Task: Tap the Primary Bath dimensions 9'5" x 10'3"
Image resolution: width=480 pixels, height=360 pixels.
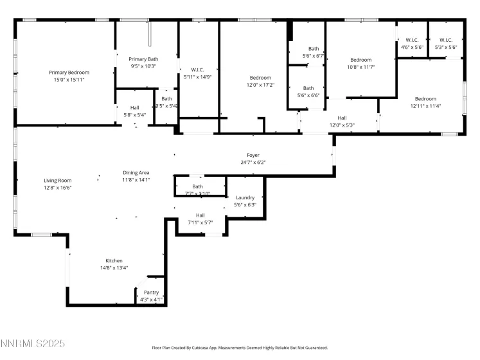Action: coord(143,66)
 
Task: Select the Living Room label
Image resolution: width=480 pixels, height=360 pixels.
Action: coord(57,181)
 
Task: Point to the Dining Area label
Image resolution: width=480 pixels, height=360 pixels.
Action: coord(136,173)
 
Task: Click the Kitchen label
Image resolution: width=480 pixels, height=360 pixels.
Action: coord(114,260)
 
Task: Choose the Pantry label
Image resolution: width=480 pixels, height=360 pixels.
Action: coord(151,292)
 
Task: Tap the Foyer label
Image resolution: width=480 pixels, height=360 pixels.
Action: coord(253,156)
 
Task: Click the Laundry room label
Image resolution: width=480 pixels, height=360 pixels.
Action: coord(245,197)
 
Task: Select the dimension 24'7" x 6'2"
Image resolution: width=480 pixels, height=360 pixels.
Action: coord(253,163)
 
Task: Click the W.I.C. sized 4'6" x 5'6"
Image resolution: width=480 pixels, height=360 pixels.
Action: coord(412,40)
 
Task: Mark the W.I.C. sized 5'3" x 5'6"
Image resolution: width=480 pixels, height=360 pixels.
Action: coord(446,40)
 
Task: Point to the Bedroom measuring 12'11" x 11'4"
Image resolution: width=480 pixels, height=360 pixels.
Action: coord(425,99)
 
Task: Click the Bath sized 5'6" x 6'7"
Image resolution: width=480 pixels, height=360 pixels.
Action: coord(313,49)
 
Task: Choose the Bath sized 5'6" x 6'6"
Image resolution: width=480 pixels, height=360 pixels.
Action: coord(308,88)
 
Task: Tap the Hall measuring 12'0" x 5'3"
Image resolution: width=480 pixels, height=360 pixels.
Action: coord(342,118)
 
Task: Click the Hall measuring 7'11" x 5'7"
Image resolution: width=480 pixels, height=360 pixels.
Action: coord(200,215)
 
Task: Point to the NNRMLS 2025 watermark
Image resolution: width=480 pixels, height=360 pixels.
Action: coord(33,345)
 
